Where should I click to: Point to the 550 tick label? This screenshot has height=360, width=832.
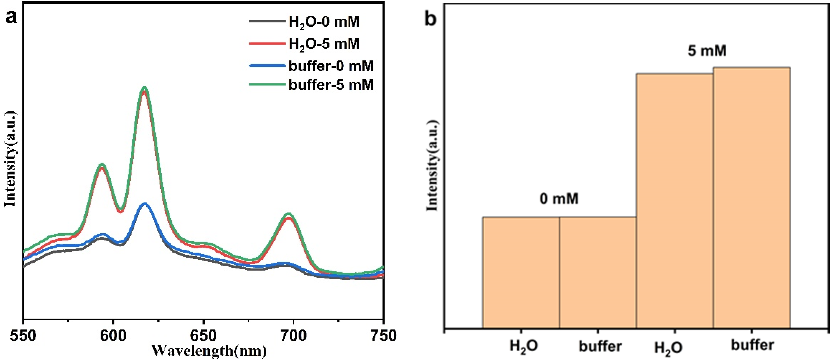click(23, 336)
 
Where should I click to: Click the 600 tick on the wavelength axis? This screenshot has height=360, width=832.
click(113, 336)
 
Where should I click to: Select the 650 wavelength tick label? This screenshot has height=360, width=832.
click(203, 336)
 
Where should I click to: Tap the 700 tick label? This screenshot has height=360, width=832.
click(293, 336)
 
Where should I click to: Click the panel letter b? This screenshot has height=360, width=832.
click(430, 19)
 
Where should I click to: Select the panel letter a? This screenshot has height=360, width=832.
click(11, 17)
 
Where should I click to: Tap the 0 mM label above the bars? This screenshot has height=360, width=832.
click(559, 198)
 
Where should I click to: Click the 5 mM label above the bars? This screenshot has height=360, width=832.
click(707, 51)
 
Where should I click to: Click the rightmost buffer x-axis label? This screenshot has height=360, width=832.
click(752, 345)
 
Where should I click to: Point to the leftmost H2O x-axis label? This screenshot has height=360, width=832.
click(523, 346)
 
